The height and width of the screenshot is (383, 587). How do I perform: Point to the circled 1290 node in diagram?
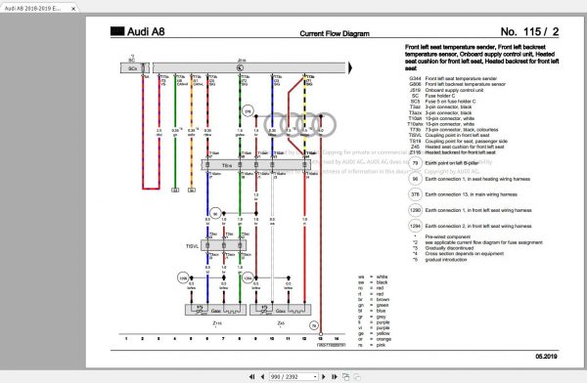point(183,278)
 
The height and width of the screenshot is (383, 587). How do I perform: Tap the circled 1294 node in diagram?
point(248,278)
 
